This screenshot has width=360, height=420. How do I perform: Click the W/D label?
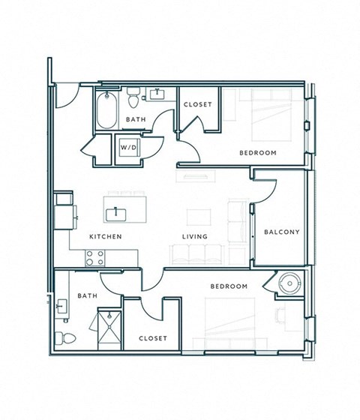click(x=128, y=148)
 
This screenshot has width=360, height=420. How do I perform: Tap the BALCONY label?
click(x=281, y=232)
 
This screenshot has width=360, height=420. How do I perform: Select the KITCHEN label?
click(x=106, y=237)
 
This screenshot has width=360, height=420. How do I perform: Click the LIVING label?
click(x=194, y=237)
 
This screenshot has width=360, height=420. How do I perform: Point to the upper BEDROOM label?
click(x=258, y=153)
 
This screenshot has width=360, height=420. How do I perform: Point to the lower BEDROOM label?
click(x=229, y=286)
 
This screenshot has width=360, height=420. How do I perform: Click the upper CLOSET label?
click(x=197, y=104)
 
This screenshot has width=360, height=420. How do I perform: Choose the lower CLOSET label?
click(x=153, y=338)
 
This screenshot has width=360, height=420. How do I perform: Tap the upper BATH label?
click(x=136, y=119)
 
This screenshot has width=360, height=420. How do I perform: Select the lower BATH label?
click(x=87, y=296)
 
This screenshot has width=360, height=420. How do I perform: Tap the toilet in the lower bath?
click(x=67, y=337)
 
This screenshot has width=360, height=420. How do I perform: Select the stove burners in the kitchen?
click(x=94, y=257)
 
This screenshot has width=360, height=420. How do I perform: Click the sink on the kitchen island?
click(x=115, y=214)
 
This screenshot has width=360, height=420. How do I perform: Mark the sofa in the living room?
click(x=196, y=253)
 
